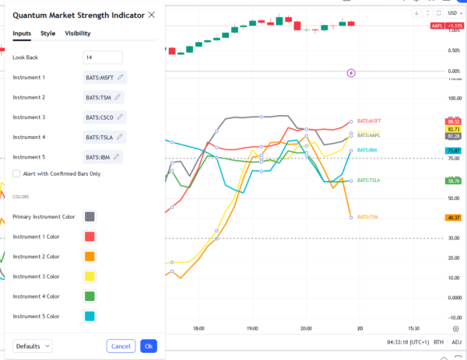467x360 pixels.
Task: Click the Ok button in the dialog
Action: [148, 346]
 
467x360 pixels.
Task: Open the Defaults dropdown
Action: [33, 346]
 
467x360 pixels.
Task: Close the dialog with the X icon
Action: [151, 15]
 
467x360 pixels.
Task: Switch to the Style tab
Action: [47, 33]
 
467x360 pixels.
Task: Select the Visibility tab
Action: [77, 33]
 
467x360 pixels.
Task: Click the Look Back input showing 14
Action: [103, 58]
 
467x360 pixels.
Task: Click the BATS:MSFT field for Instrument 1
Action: [104, 78]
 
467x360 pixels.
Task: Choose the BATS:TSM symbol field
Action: [103, 97]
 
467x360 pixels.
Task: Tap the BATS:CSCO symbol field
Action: [104, 117]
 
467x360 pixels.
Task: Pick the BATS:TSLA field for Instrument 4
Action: [104, 137]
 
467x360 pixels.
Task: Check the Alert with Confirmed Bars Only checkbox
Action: [16, 173]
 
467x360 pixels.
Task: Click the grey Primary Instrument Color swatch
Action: [90, 217]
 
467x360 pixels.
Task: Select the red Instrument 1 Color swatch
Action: [90, 236]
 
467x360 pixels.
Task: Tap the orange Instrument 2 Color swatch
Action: [90, 257]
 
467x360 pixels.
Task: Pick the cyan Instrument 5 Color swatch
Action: [90, 316]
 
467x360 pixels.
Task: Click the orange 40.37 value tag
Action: [453, 218]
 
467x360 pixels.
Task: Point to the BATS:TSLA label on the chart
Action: [368, 180]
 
